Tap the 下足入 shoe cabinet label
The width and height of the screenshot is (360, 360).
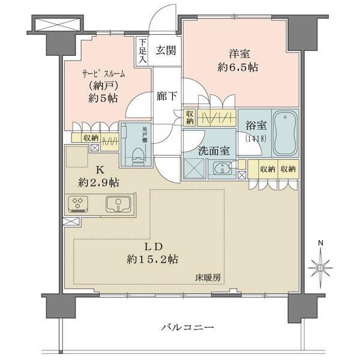coord(142,50)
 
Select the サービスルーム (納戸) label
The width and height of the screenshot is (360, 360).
coord(103,85)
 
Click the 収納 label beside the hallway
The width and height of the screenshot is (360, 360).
coord(190,117)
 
